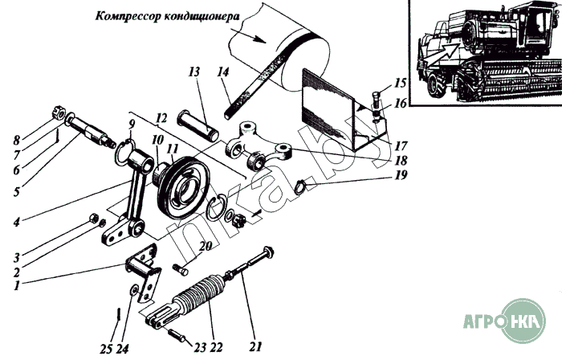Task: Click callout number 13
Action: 193,72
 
